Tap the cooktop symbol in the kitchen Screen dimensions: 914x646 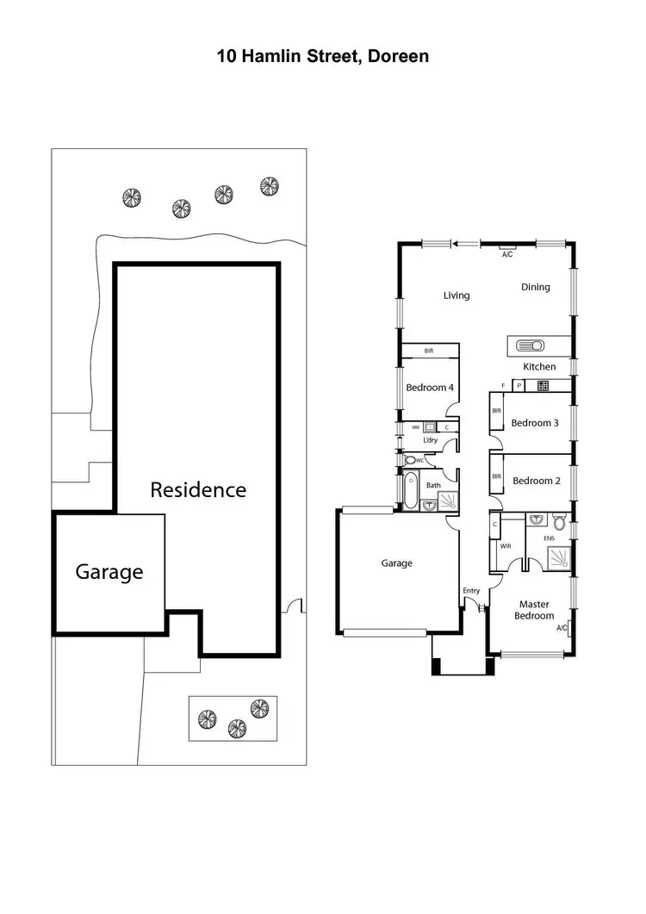tap(544, 386)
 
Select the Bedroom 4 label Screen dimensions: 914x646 tap(430, 388)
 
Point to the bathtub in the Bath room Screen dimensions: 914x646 tap(409, 494)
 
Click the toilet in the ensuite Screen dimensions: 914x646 tap(560, 523)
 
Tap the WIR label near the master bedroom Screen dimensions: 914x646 tap(505, 545)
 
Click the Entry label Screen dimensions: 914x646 tap(471, 590)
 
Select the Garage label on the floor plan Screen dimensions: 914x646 tap(397, 563)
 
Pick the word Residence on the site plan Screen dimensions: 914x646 tap(198, 490)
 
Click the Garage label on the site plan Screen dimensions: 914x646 tap(109, 571)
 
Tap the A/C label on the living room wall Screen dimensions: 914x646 tap(507, 254)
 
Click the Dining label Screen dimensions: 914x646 tap(535, 287)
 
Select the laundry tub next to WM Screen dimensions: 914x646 tap(429, 426)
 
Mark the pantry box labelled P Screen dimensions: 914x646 tap(519, 386)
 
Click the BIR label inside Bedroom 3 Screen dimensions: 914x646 tap(496, 412)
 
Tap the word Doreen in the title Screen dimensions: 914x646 tap(401, 58)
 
